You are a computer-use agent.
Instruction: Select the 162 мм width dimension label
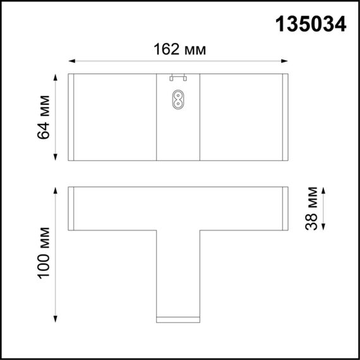point(179,49)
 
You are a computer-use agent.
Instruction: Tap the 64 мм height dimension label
point(44,117)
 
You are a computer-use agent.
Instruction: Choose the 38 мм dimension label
point(311,208)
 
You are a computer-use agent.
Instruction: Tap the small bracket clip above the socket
point(178,78)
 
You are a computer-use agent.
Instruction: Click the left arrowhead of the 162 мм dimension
point(71,61)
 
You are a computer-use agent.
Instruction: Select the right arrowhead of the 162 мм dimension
point(285,61)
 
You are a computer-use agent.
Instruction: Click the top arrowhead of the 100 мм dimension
point(56,189)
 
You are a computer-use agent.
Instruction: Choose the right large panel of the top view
point(241,117)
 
